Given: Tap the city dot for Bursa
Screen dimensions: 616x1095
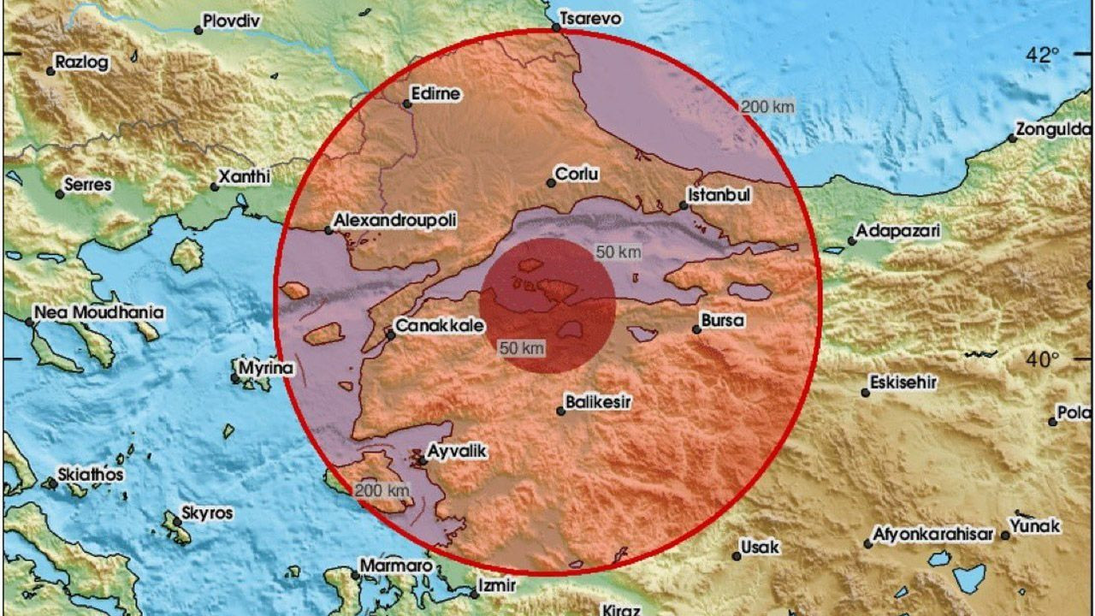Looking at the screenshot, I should click(697, 329).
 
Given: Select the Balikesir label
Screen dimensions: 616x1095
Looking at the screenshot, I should click(599, 401).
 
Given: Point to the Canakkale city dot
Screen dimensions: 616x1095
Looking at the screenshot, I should click(390, 335).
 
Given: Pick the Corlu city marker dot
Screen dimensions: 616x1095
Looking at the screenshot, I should click(551, 182).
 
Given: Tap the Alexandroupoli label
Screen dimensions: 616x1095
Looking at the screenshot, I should click(394, 221).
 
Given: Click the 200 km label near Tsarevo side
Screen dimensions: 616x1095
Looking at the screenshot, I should click(768, 107).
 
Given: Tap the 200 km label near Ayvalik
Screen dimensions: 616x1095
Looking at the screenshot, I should click(382, 490).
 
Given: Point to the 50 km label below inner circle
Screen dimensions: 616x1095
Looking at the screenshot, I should click(522, 347).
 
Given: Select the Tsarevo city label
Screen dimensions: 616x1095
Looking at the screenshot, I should click(589, 18).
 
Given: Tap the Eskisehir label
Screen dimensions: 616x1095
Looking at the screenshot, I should click(903, 382).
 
